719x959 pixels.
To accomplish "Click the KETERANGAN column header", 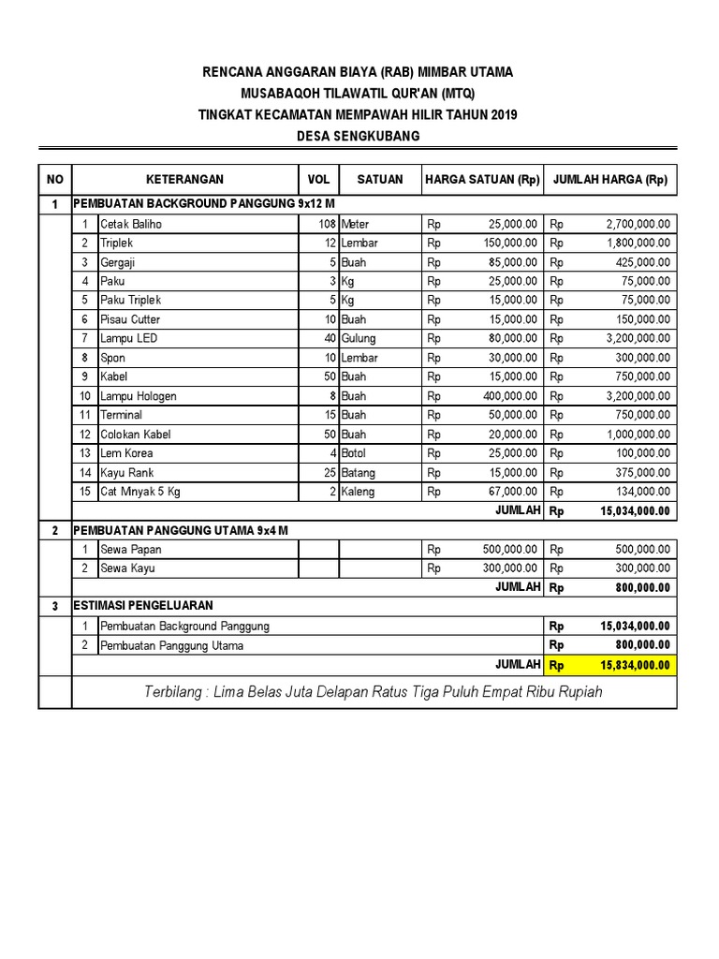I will (x=184, y=180).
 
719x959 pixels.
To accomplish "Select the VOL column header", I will (x=318, y=180).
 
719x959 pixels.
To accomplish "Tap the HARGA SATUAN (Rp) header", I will (x=482, y=180).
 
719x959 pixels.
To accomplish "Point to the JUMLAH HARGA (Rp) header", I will (x=611, y=180).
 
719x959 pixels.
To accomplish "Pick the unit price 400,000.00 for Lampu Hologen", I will (x=511, y=395).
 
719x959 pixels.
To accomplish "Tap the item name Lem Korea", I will (x=127, y=453).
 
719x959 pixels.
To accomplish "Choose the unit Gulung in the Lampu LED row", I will (x=359, y=338).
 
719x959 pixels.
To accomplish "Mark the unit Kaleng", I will (x=359, y=491).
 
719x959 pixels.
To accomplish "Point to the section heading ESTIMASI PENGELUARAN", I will (x=144, y=606).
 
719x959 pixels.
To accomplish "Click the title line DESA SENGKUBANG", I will (x=358, y=136).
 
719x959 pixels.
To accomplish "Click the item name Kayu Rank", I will (x=127, y=472).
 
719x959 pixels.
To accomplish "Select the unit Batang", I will (x=360, y=472).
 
